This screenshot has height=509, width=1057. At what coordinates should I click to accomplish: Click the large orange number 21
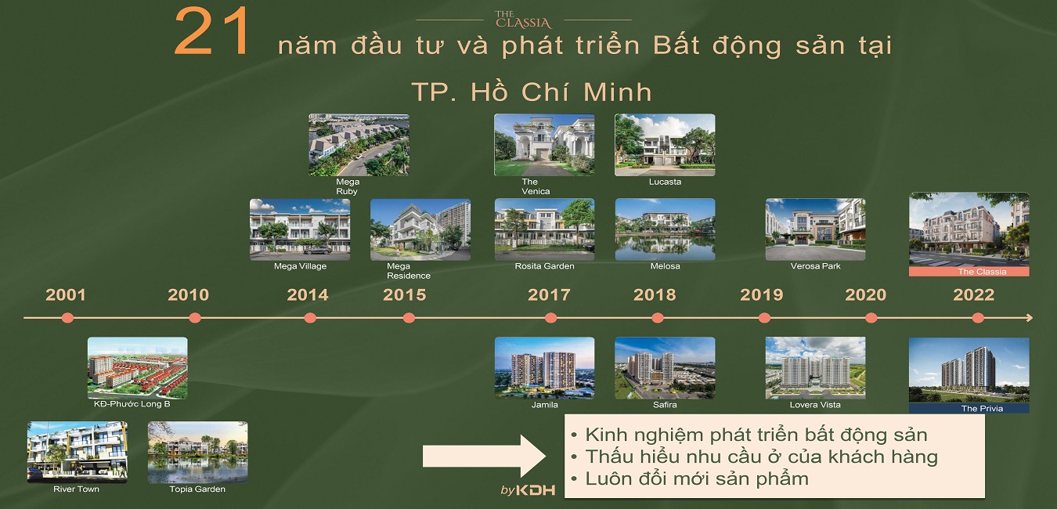(x=212, y=31)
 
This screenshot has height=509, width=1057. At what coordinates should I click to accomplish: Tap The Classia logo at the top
(x=523, y=20)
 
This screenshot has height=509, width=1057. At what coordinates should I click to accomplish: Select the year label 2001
(x=66, y=295)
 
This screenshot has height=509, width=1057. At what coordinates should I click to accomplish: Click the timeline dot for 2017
(x=550, y=318)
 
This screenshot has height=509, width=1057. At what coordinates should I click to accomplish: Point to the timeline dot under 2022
(x=978, y=318)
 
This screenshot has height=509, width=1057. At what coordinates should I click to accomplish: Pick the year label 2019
(x=762, y=295)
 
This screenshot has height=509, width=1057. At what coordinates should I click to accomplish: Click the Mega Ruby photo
(x=359, y=145)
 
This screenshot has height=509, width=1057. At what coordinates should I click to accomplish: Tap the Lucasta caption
(x=665, y=182)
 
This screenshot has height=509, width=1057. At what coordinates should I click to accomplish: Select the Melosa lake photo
(x=665, y=229)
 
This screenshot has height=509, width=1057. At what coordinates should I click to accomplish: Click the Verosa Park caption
(x=815, y=266)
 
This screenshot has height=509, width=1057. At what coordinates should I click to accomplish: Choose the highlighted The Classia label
(x=969, y=272)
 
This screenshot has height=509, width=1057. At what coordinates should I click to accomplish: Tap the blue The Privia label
(x=969, y=409)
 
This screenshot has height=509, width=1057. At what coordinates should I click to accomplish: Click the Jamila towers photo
(x=544, y=368)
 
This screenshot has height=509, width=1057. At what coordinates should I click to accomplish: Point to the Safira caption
(x=665, y=405)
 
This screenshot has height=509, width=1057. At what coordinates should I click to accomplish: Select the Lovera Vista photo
(x=815, y=368)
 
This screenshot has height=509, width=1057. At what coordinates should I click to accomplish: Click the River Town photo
(x=78, y=452)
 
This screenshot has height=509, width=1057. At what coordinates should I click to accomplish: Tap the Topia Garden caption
(x=197, y=489)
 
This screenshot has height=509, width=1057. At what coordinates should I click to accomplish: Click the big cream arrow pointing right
(x=484, y=457)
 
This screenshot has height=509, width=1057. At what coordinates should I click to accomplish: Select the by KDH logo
(x=528, y=490)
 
